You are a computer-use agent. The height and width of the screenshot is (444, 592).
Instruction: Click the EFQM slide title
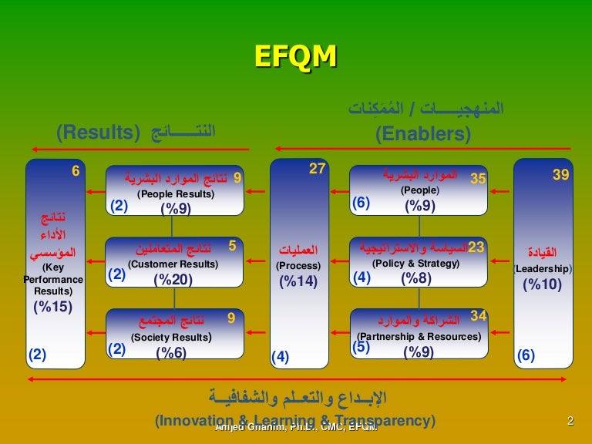click(295, 59)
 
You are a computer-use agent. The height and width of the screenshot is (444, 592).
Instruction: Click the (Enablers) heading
click(423, 134)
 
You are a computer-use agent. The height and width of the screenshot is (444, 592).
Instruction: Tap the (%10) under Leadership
click(542, 284)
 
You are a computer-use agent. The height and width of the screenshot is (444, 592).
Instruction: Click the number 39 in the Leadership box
click(560, 176)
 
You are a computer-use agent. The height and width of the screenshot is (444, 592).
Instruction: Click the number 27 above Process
click(317, 169)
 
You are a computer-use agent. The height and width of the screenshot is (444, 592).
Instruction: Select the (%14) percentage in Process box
click(298, 281)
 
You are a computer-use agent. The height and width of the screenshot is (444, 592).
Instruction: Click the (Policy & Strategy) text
click(415, 264)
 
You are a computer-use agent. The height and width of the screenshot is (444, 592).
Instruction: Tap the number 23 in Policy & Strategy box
click(476, 247)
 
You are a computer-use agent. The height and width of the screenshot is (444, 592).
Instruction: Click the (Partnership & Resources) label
click(419, 336)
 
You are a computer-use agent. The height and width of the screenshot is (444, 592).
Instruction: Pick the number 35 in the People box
click(478, 179)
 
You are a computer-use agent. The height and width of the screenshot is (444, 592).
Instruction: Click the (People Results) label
click(176, 194)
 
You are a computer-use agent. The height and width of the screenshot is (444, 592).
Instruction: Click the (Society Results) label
click(171, 337)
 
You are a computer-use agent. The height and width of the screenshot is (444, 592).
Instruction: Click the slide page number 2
click(570, 421)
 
